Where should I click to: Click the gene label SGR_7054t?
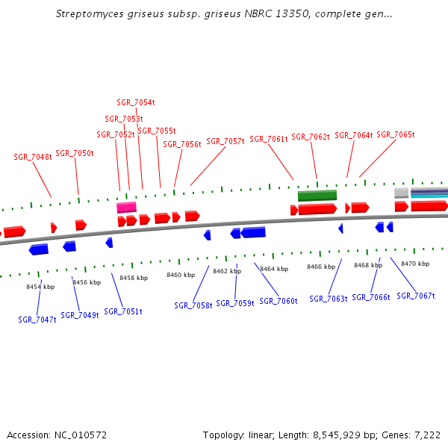(x=136, y=102)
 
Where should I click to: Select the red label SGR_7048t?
(x=33, y=157)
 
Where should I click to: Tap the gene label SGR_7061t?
(x=269, y=139)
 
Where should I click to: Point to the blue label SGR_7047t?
(x=37, y=320)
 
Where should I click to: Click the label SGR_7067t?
(x=416, y=296)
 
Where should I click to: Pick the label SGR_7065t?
(x=396, y=134)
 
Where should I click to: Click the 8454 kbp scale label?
(x=40, y=287)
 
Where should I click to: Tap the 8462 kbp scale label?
(x=227, y=271)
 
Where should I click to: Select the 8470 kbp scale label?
(x=415, y=264)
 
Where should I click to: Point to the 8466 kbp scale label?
(x=321, y=267)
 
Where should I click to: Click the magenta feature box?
(x=127, y=208)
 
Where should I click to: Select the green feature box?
(x=317, y=196)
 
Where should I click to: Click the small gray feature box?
(x=402, y=193)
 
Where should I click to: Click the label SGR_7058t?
(x=193, y=305)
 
